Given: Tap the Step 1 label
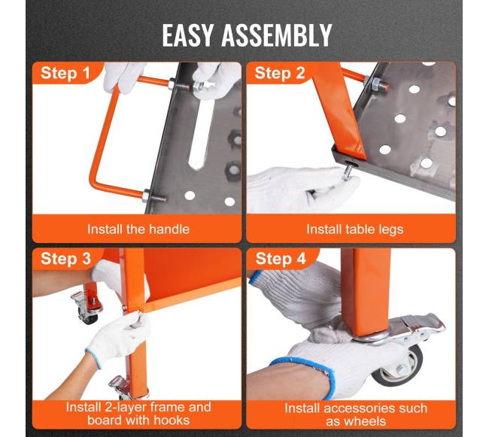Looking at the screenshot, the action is coord(65,73).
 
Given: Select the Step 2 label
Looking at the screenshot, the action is coord(279,73).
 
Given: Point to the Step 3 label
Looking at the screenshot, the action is coord(65,259).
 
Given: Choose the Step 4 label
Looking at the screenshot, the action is coord(281,259).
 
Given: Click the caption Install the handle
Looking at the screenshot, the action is coord(138,229).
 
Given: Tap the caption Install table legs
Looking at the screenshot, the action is coord(355,229).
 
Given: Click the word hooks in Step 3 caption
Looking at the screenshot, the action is coord(172,420).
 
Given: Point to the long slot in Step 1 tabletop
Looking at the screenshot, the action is coord(199,131).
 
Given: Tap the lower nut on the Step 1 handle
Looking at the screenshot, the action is coord(146,196).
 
